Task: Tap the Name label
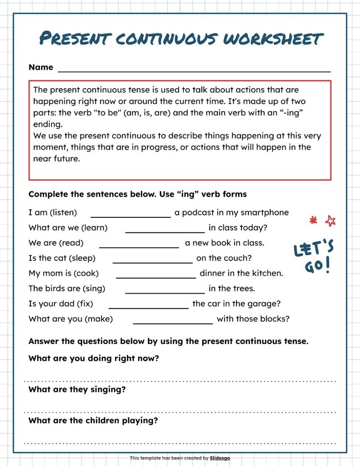[x=41, y=67]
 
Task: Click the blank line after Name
[x=194, y=71]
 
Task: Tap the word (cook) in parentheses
[x=87, y=274]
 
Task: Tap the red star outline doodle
[x=330, y=221]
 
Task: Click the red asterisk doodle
[x=313, y=220]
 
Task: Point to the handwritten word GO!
[x=318, y=265]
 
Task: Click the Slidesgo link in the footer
[x=220, y=458]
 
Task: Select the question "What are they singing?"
[x=77, y=390]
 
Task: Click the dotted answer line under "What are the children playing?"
[x=180, y=443]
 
